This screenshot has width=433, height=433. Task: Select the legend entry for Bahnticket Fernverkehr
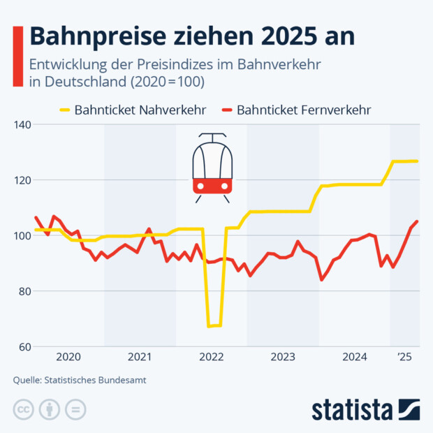click(295, 110)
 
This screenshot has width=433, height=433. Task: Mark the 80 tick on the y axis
click(24, 291)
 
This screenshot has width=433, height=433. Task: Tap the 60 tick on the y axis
click(24, 346)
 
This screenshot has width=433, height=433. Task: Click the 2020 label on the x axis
click(68, 358)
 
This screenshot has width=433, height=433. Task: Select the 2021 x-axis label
click(140, 358)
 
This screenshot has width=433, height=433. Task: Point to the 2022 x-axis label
click(212, 358)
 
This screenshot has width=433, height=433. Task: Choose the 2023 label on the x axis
click(283, 358)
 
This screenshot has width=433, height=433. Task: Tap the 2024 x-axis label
click(354, 358)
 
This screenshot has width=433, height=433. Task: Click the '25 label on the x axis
click(404, 358)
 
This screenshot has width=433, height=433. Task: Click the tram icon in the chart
click(212, 167)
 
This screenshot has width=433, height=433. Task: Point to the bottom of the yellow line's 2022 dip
click(214, 325)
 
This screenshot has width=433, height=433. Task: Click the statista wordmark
click(353, 408)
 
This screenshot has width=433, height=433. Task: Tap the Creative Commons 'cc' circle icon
click(24, 409)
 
